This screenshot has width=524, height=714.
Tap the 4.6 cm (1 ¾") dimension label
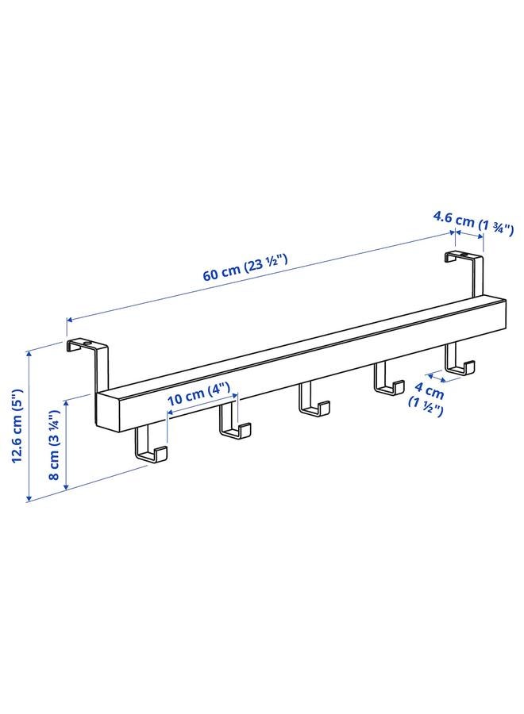click(x=467, y=221)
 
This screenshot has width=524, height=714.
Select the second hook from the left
click(x=234, y=421)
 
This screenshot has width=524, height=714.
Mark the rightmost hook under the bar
click(x=459, y=361)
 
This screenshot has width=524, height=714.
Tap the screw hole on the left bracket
click(x=86, y=341)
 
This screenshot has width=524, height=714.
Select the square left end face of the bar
click(x=109, y=410)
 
